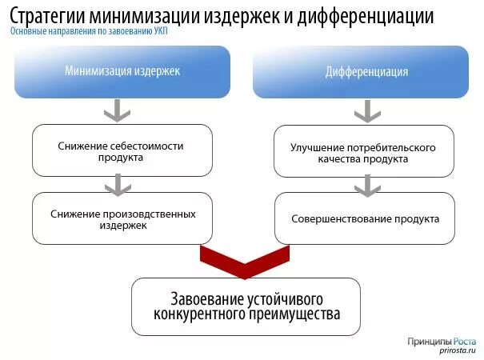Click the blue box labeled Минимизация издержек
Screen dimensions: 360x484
(x=122, y=71)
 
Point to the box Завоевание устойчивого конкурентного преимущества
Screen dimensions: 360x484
(x=246, y=306)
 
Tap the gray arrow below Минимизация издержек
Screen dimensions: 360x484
(x=118, y=110)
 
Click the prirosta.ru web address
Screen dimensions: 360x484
(x=458, y=350)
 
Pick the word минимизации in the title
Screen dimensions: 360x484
(x=147, y=15)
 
